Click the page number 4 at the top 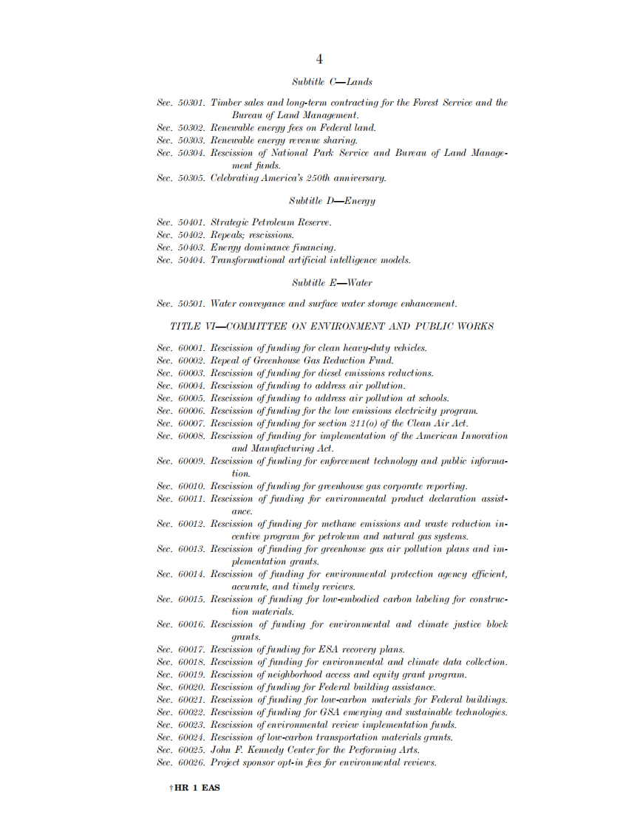point(319,60)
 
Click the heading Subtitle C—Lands point(332,82)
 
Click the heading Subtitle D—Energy point(332,201)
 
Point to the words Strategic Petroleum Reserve point(271,222)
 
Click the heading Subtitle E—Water point(332,283)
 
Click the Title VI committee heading point(332,327)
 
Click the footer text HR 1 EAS point(197,788)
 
